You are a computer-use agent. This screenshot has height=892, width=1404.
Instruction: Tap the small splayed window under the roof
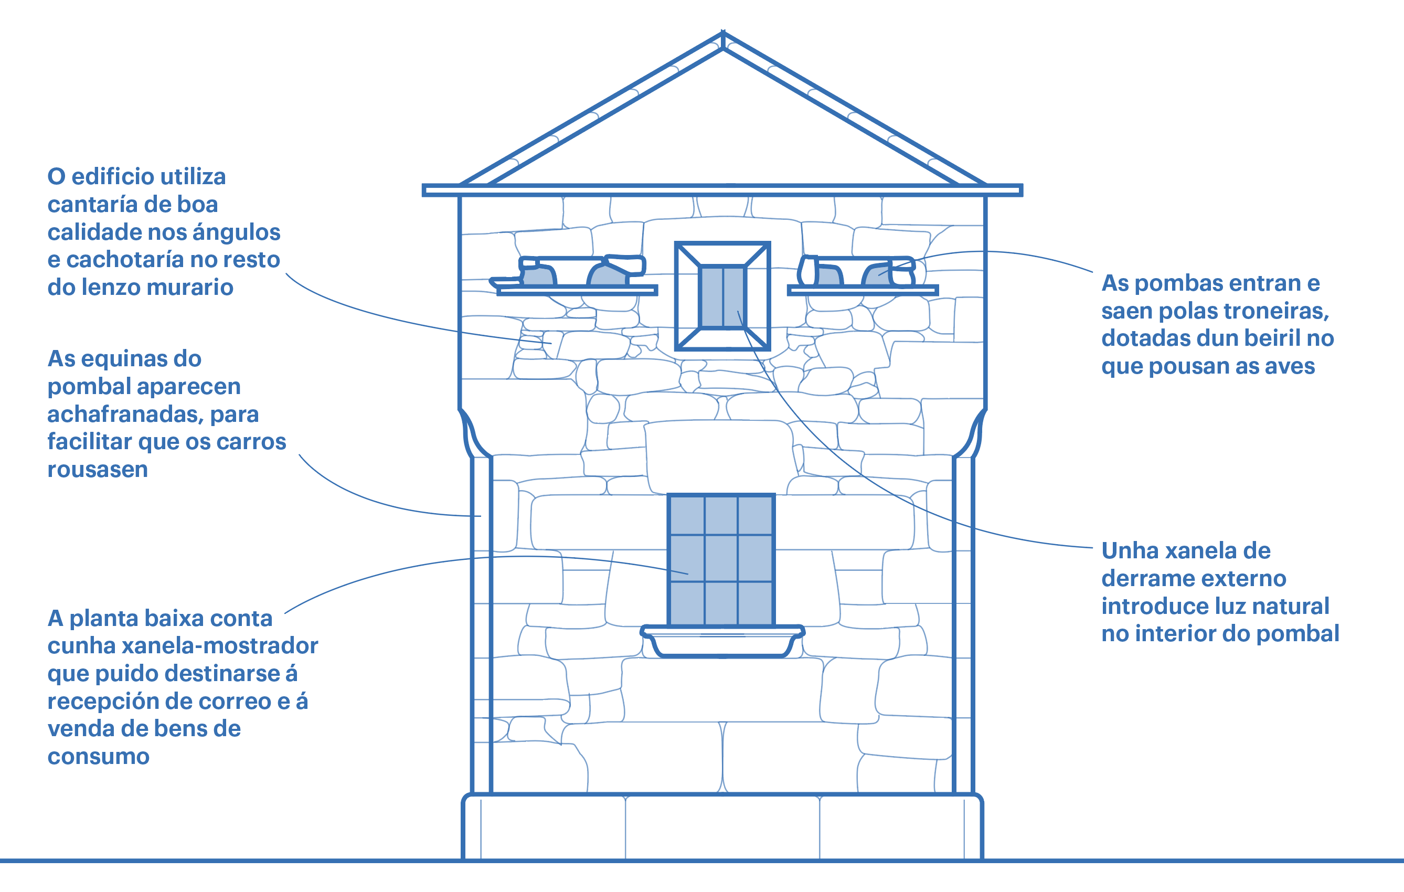coord(722,296)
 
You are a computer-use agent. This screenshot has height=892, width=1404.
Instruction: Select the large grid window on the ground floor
coord(721,560)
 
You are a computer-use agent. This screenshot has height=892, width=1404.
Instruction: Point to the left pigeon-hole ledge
coord(577,290)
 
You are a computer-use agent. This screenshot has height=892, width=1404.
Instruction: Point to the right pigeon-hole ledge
coord(863,290)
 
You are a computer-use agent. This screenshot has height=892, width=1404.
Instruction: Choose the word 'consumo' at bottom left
coord(99,757)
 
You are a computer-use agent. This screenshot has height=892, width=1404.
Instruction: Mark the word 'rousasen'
coord(98,470)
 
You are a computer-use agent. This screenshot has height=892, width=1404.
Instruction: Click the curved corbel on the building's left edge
coord(474,434)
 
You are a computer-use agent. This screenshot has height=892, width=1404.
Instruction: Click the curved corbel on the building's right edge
coord(971,434)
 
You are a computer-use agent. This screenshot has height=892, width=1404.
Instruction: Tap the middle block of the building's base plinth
coord(722,827)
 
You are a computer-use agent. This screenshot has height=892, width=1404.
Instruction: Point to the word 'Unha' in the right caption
coord(1128,551)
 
